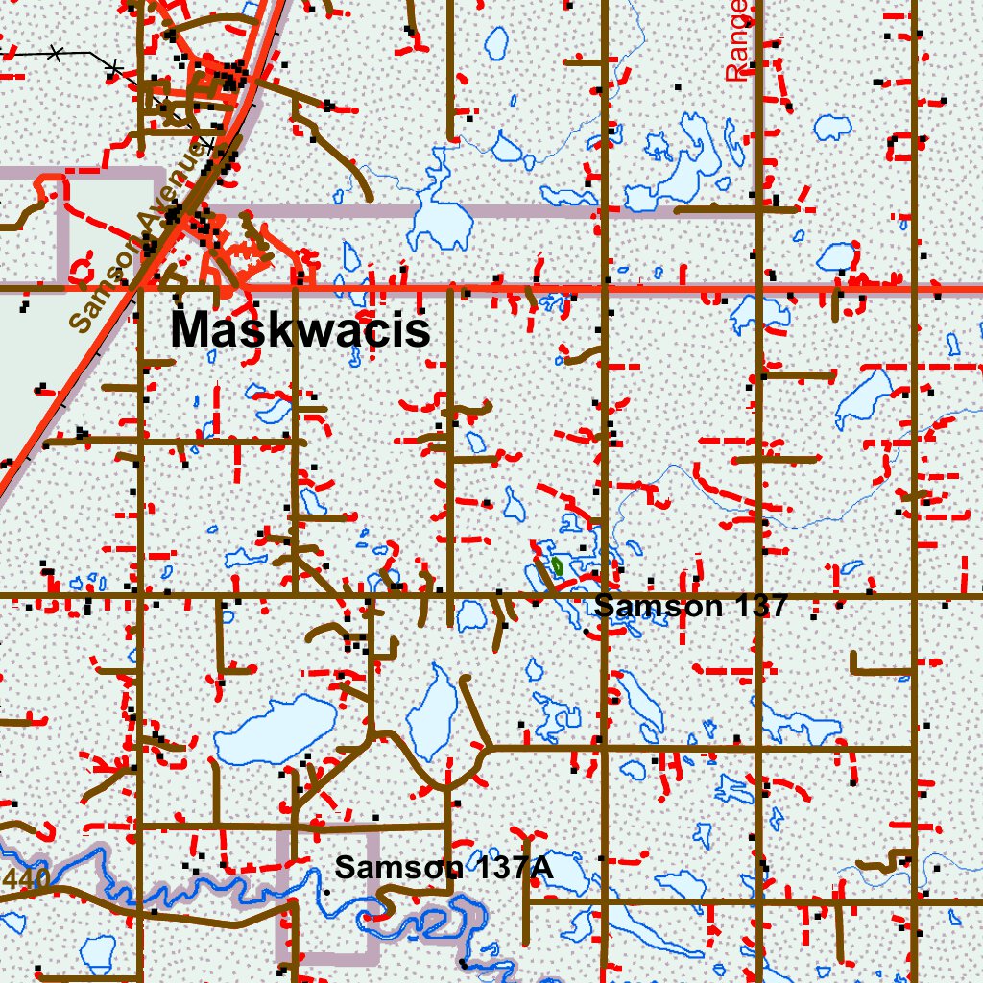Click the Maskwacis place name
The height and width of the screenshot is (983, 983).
click(x=300, y=331)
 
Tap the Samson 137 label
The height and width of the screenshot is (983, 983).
click(x=690, y=606)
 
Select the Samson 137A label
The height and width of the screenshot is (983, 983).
click(x=444, y=867)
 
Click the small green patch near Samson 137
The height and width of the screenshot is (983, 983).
click(x=556, y=566)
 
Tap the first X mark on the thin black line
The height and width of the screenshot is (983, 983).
click(x=55, y=51)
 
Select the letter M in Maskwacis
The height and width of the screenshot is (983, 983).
click(x=191, y=331)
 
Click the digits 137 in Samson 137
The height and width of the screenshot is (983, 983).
click(x=757, y=606)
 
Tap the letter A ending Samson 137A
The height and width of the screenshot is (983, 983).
click(x=539, y=867)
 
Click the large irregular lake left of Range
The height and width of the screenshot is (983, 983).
click(x=687, y=163)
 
